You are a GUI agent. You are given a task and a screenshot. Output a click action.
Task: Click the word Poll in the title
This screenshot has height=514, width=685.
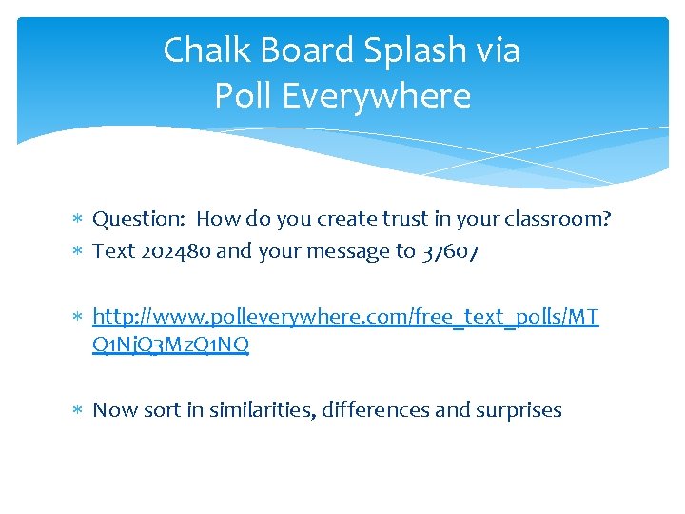(x=245, y=95)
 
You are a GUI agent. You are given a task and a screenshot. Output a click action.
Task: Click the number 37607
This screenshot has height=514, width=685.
(x=449, y=251)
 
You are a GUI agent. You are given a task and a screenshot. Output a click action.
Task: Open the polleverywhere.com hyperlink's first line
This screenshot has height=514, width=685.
(x=345, y=316)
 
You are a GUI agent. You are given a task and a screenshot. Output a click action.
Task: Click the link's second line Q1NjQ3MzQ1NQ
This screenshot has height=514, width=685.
(x=170, y=346)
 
